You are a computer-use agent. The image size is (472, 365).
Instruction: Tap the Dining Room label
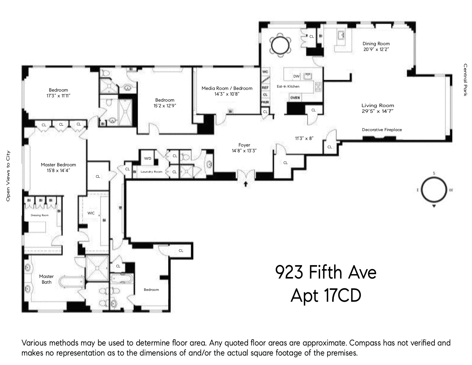pyautogui.click(x=376, y=44)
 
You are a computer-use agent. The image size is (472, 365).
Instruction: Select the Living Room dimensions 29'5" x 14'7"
pyautogui.click(x=378, y=111)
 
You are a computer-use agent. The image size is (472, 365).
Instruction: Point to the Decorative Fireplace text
pyautogui.click(x=382, y=130)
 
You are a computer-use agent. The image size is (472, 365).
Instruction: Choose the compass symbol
pyautogui.click(x=434, y=190)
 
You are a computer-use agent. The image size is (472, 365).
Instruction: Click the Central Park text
pyautogui.click(x=465, y=80)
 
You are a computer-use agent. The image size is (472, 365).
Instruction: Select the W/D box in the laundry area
pyautogui.click(x=148, y=158)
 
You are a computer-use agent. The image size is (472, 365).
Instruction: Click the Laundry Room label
pyautogui.click(x=151, y=172)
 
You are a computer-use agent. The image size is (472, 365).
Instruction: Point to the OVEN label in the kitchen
pyautogui.click(x=295, y=98)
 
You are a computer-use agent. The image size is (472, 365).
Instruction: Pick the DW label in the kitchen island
pyautogui.click(x=296, y=76)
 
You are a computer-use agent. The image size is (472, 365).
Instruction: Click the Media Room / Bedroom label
pyautogui.click(x=227, y=88)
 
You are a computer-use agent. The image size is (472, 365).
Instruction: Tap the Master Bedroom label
pyautogui.click(x=58, y=165)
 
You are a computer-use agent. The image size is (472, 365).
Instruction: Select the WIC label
pyautogui.click(x=91, y=213)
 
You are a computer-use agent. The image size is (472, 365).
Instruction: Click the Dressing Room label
pyautogui.click(x=40, y=215)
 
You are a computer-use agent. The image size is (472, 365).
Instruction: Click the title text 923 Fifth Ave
pyautogui.click(x=326, y=273)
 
